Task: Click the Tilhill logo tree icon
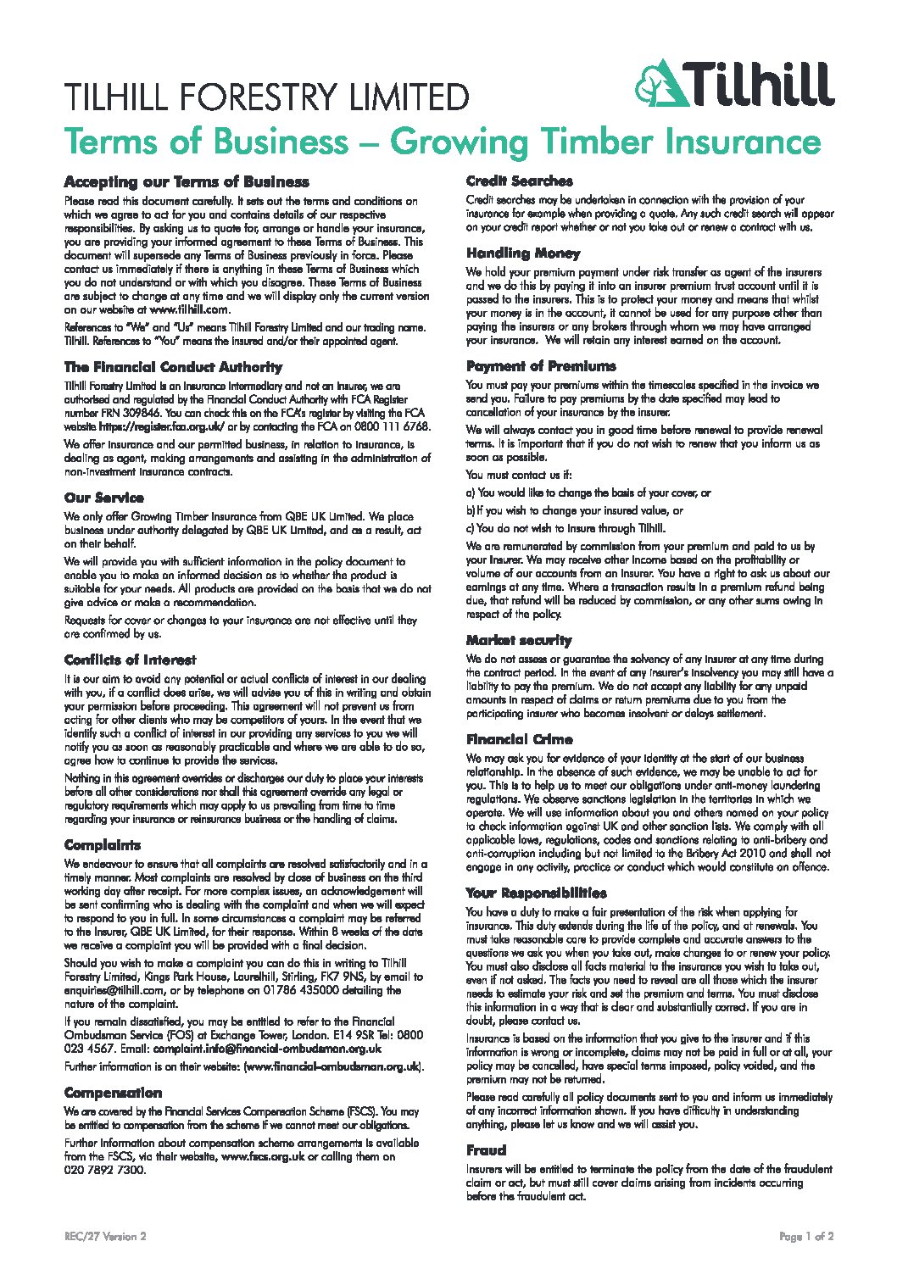pos(660,83)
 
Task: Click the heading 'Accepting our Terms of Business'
pos(187,182)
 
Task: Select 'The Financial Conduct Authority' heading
pos(173,367)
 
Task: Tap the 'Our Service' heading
pos(104,498)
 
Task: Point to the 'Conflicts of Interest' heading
pos(130,660)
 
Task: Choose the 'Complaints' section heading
pos(103,845)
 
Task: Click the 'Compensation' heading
pos(113,1093)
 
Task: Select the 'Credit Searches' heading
pos(519,181)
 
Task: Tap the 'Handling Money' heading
pos(523,253)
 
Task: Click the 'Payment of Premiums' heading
pos(541,366)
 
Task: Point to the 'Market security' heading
pos(519,640)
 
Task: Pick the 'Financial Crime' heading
pos(519,739)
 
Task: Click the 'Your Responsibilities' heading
pos(536,893)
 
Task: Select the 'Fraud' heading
pos(486,1150)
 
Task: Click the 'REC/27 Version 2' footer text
pos(105,1237)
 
